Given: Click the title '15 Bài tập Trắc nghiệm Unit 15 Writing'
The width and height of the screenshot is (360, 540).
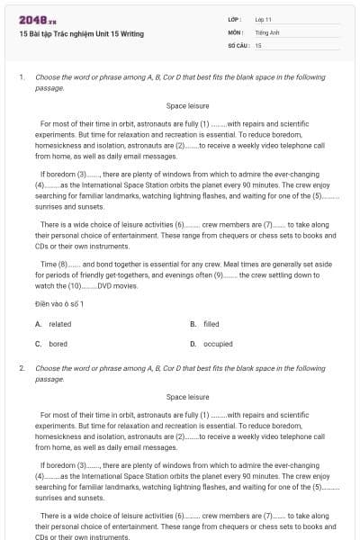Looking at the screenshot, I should [x=81, y=34].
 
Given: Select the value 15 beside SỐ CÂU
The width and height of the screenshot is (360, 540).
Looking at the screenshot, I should [x=258, y=44].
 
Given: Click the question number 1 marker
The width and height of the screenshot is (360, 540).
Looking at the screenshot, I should [x=21, y=77].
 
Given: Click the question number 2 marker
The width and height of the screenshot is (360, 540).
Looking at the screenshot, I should [x=21, y=369].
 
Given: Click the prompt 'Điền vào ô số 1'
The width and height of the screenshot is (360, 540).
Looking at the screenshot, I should [x=60, y=303].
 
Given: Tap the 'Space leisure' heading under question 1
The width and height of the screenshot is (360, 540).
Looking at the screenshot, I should [x=187, y=106].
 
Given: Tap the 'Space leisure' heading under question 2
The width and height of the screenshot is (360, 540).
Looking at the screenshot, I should [x=187, y=397].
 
